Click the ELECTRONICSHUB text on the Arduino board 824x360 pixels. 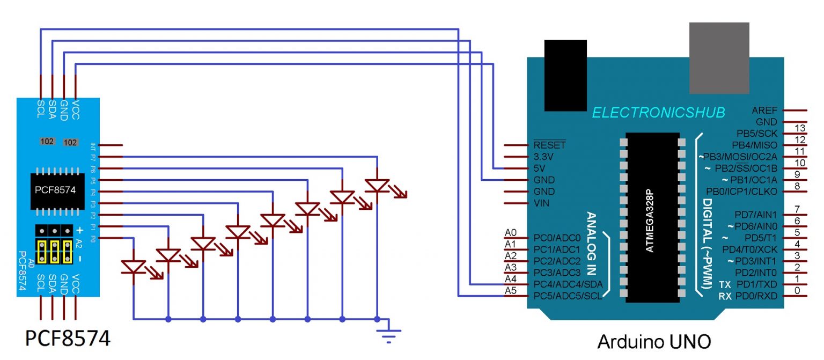658,112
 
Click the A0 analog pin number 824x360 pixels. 511,233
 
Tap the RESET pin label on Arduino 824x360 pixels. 549,145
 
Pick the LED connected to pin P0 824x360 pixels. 134,267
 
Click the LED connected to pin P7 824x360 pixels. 378,186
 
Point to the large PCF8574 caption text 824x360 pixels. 68,339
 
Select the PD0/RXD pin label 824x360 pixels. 756,296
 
